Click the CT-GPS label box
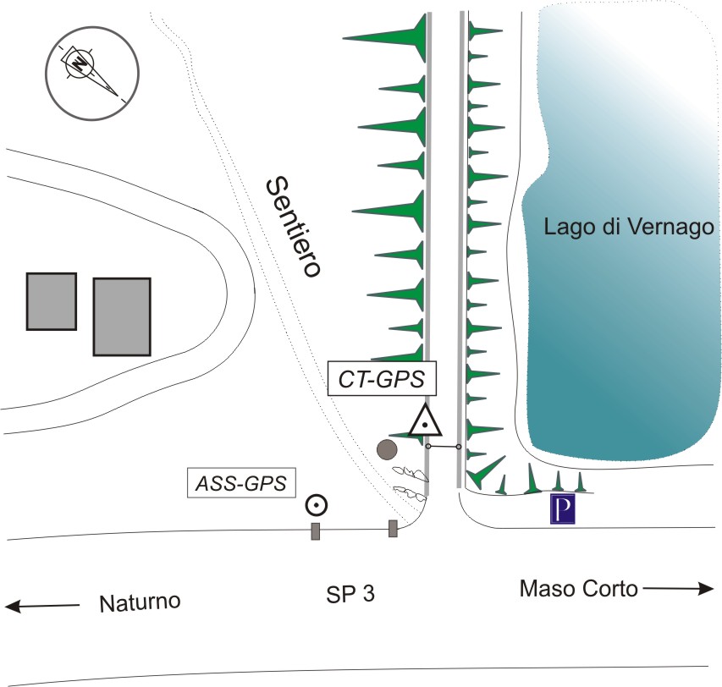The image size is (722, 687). pyautogui.click(x=382, y=378)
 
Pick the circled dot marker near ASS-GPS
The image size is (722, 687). pyautogui.click(x=317, y=505)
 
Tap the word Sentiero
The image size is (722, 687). pyautogui.click(x=294, y=227)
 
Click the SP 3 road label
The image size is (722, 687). pyautogui.click(x=350, y=595)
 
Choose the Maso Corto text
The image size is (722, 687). pyautogui.click(x=579, y=589)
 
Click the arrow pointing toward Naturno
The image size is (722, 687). pyautogui.click(x=42, y=606)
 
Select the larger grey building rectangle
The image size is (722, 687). pyautogui.click(x=121, y=316)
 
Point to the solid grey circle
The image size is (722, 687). pyautogui.click(x=388, y=449)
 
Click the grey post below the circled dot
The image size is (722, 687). pyautogui.click(x=315, y=530)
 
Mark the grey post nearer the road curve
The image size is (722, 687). pyautogui.click(x=393, y=529)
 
